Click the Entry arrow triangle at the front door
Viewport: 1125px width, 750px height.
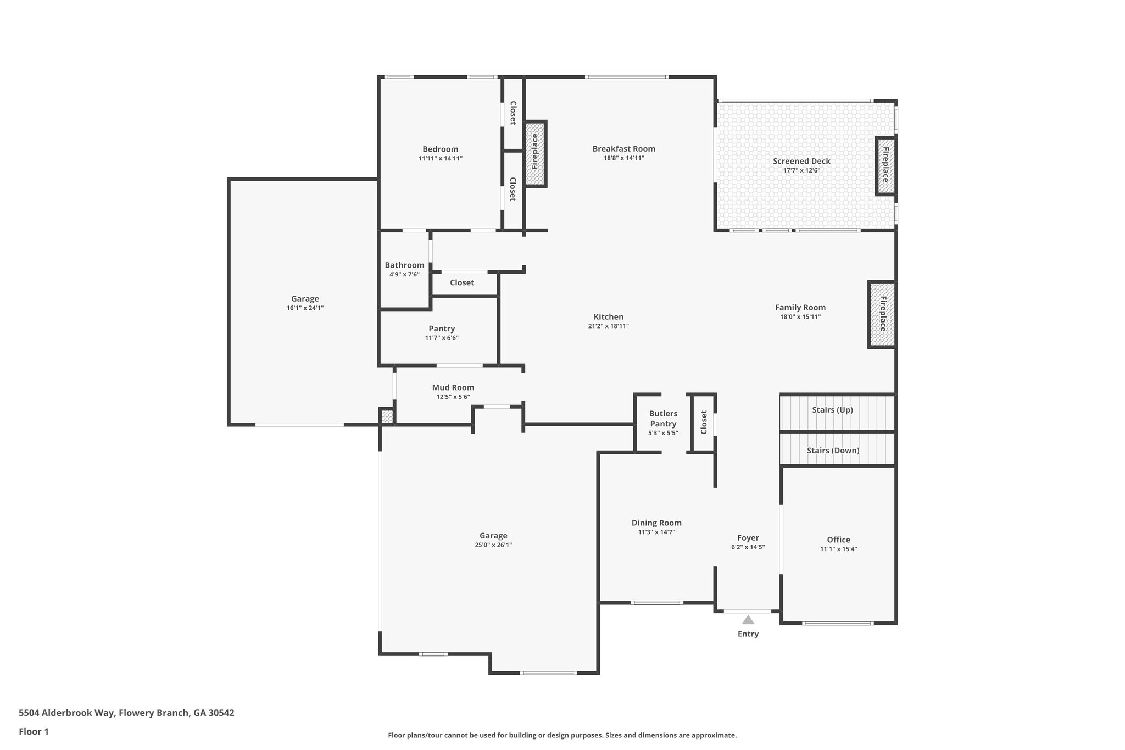pos(748,620)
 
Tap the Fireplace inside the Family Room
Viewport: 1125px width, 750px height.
pos(882,314)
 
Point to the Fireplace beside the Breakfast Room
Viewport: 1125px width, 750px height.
pos(535,153)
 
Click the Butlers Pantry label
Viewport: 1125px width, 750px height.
pos(663,419)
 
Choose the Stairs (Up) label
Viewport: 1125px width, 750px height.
pos(832,410)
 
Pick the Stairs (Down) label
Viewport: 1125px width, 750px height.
pos(833,451)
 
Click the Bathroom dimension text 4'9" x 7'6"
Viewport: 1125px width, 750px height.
pos(404,274)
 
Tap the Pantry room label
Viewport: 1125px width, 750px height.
pos(442,329)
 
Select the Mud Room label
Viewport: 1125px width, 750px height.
pos(453,387)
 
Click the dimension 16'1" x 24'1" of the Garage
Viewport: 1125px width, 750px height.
pos(305,308)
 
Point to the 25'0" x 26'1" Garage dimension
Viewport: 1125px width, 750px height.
pos(493,545)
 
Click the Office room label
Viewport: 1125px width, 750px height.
pos(838,540)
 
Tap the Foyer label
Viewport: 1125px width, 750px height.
pos(748,538)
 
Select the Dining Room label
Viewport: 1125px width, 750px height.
pos(656,523)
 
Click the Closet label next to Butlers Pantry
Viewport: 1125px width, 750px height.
pos(704,422)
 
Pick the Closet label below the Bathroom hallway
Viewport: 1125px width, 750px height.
pos(461,282)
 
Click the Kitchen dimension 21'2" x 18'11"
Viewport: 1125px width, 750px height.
pos(608,326)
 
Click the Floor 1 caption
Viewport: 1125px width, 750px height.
pos(34,731)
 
